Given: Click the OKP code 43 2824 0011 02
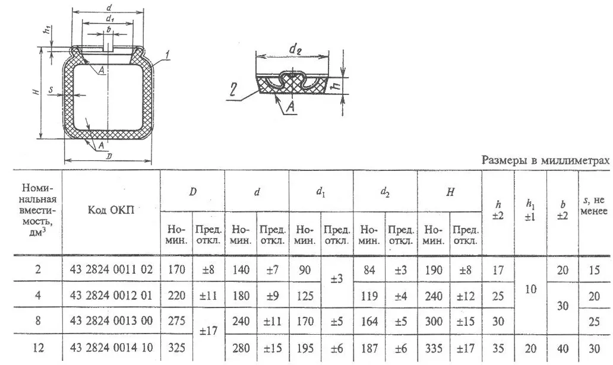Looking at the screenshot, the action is coord(111,269).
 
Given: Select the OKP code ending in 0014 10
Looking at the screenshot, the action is coord(111,347).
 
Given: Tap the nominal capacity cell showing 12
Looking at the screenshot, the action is coord(38,347).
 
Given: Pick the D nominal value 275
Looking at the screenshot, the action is coord(176,321).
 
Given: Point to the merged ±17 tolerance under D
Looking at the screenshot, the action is coord(208,331).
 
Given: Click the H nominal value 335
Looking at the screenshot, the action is coord(434,347).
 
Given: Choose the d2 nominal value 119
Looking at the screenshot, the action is coord(369,296).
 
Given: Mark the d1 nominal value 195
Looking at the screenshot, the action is coord(305,347).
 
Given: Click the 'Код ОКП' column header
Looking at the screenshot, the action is coord(110,210).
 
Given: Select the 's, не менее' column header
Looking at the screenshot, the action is coord(594,205).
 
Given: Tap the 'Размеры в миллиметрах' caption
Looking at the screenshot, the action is coord(545,160).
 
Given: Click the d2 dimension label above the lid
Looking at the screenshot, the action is coord(295,49).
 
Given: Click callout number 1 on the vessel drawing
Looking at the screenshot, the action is coord(167,56).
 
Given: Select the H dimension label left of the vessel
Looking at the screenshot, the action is coord(36,92).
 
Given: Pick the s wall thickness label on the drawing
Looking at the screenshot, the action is coord(50,90).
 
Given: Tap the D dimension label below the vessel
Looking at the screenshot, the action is coord(109,156).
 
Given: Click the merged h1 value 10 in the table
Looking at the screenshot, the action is coord(530,289).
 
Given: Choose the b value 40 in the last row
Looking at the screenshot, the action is coord(562,348).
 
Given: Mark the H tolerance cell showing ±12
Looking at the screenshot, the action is coord(466,296).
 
